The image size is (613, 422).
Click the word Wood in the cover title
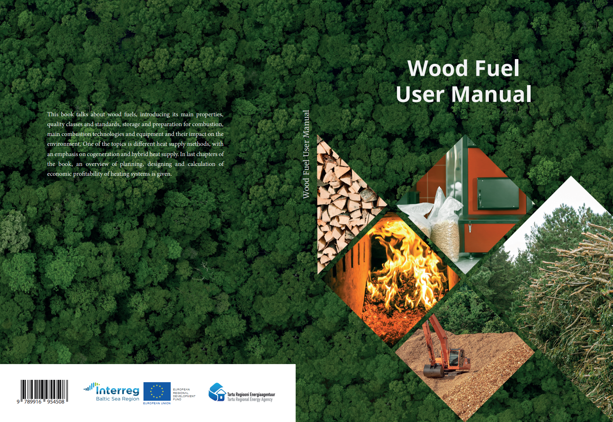(438, 68)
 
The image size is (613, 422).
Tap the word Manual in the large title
(491, 94)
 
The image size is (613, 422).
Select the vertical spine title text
(306, 154)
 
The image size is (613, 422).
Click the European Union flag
(157, 391)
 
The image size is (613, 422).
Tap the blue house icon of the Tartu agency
(217, 392)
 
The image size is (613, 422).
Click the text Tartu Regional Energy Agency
(250, 400)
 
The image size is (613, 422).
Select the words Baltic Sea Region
(118, 399)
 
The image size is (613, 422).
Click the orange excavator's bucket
(434, 371)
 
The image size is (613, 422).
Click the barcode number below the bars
(41, 402)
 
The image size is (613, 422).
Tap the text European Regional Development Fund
(184, 394)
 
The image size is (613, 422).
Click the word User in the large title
(420, 94)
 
